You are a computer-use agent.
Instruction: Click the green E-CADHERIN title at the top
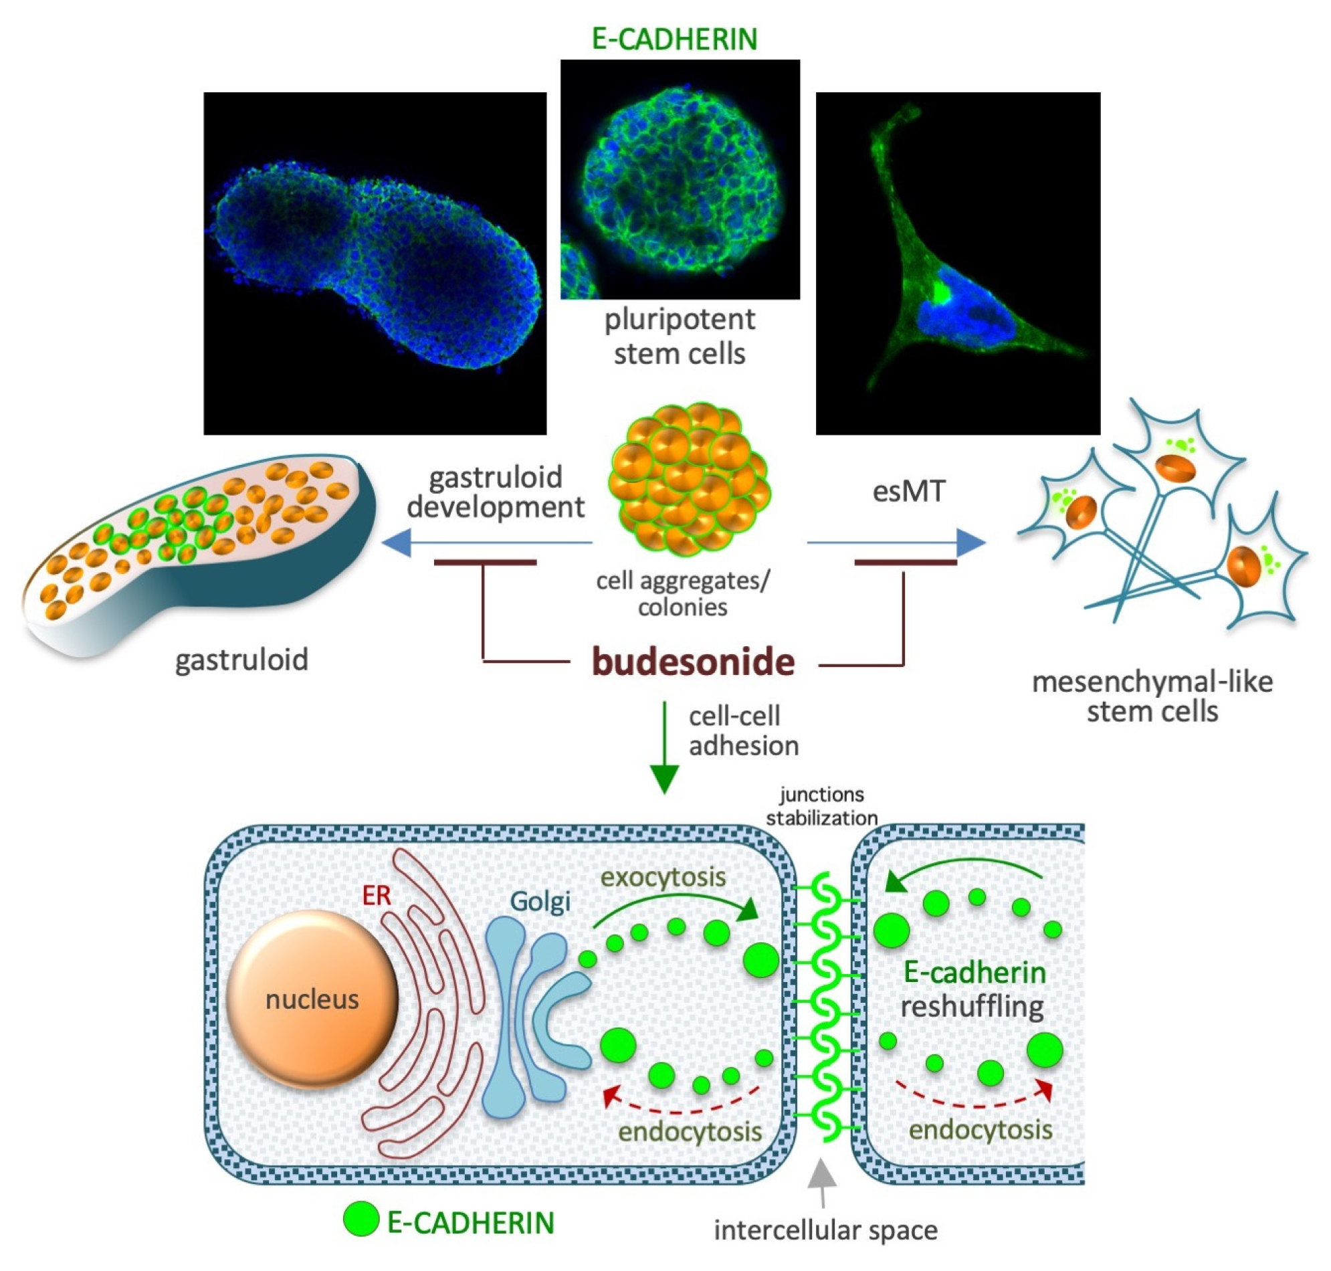point(674,39)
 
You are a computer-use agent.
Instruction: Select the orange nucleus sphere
point(312,999)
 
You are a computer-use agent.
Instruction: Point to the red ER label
point(376,896)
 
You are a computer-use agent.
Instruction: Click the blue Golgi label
point(540,902)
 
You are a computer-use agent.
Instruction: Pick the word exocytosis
point(662,878)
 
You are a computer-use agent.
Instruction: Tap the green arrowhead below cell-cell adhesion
point(664,779)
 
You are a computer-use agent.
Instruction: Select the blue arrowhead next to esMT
point(970,543)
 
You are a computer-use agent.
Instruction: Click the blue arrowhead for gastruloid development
point(397,543)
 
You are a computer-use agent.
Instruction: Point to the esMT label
point(908,491)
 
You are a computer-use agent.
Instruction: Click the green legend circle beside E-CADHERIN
point(361,1218)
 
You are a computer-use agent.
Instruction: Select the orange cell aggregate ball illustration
point(689,478)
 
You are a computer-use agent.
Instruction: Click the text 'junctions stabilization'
point(821,806)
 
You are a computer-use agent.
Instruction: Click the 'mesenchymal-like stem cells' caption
point(1152,696)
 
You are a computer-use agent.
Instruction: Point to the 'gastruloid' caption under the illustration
point(241,659)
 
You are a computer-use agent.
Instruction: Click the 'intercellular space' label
point(825,1230)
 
